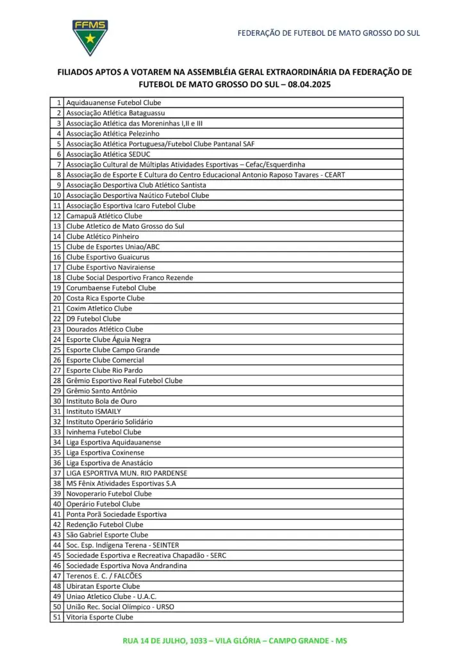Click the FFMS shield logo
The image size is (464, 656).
(90, 37)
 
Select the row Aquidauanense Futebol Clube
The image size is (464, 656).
(113, 102)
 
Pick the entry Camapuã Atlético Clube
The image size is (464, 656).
(104, 216)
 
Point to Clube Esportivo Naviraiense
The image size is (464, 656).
(110, 267)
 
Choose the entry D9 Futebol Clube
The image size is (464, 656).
(94, 319)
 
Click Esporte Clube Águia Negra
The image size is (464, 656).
(108, 340)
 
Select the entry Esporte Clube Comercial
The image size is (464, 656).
(106, 360)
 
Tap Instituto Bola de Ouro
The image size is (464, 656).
(101, 401)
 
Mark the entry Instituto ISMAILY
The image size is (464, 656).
(94, 411)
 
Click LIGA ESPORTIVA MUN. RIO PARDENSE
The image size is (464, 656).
(127, 473)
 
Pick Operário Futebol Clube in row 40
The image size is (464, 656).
(103, 504)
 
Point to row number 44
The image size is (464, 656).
(57, 545)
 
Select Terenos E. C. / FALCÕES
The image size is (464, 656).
(104, 576)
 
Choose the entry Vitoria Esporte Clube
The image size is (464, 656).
(100, 617)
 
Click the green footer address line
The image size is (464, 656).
(235, 641)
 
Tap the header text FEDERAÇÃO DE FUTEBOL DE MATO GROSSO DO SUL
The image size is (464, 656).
(328, 33)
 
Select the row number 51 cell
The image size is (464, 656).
(57, 617)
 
